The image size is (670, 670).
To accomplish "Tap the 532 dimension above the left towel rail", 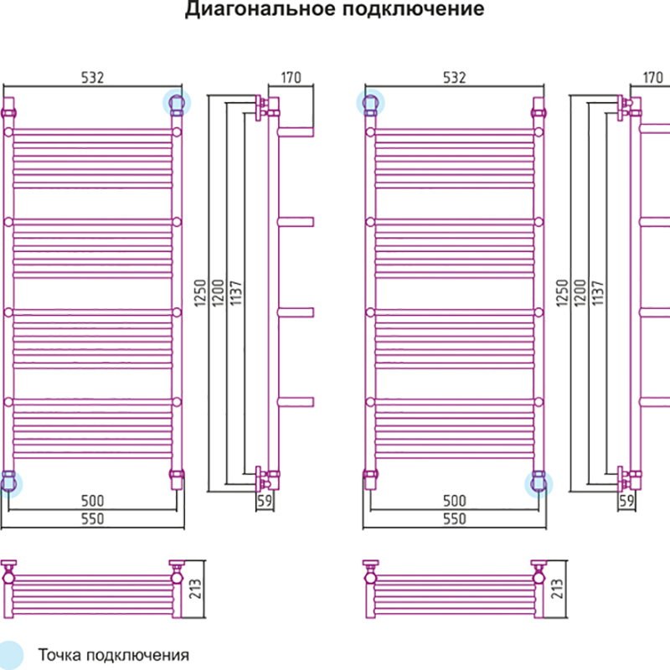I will coord(92,78).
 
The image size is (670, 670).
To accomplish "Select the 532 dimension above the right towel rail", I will coord(453,78).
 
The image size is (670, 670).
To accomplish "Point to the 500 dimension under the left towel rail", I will coord(92,501).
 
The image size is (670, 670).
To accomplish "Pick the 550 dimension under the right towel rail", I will coord(453,519).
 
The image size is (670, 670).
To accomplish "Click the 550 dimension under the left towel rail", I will coord(92,519).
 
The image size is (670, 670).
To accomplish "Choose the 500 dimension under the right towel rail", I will coord(453,501).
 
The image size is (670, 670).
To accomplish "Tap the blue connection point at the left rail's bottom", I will coord(9,482).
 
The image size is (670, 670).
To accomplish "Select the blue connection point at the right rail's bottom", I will coord(538,482).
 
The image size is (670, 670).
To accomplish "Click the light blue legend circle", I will coord(12,655).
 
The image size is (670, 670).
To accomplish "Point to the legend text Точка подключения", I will coord(112,655).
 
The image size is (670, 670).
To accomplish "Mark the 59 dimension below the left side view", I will coord(265,502).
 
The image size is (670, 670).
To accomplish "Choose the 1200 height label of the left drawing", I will coord(218,293).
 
